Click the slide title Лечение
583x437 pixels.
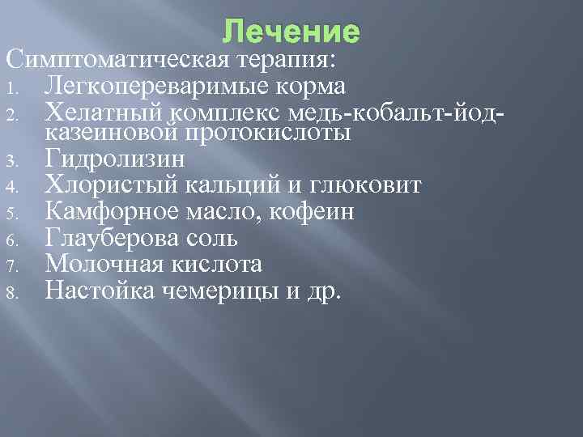[291, 32]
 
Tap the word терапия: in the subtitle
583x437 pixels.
[287, 60]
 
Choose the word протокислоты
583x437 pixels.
[268, 131]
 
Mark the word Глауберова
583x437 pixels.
[118, 239]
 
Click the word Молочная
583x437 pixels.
[106, 264]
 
